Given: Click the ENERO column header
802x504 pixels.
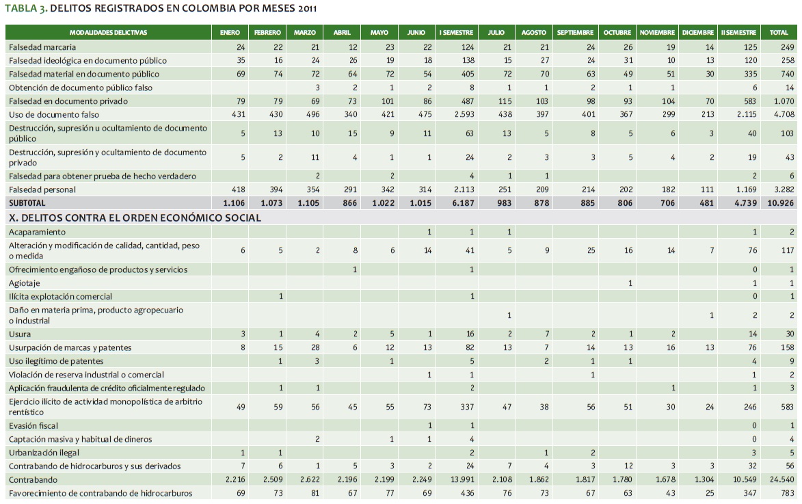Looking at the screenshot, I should [230, 32].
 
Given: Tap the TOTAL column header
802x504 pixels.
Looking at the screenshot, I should [779, 32].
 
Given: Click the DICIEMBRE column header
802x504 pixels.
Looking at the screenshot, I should [697, 32].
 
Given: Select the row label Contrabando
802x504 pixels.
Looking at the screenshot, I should [34, 480].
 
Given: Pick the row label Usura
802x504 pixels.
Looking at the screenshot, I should [20, 334].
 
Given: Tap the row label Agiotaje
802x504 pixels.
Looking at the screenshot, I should [24, 283].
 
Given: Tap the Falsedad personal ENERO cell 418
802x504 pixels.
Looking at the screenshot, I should [230, 189].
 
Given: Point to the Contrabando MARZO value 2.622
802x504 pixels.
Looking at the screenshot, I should [304, 480].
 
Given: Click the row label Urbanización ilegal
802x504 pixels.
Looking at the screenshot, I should [43, 453].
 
